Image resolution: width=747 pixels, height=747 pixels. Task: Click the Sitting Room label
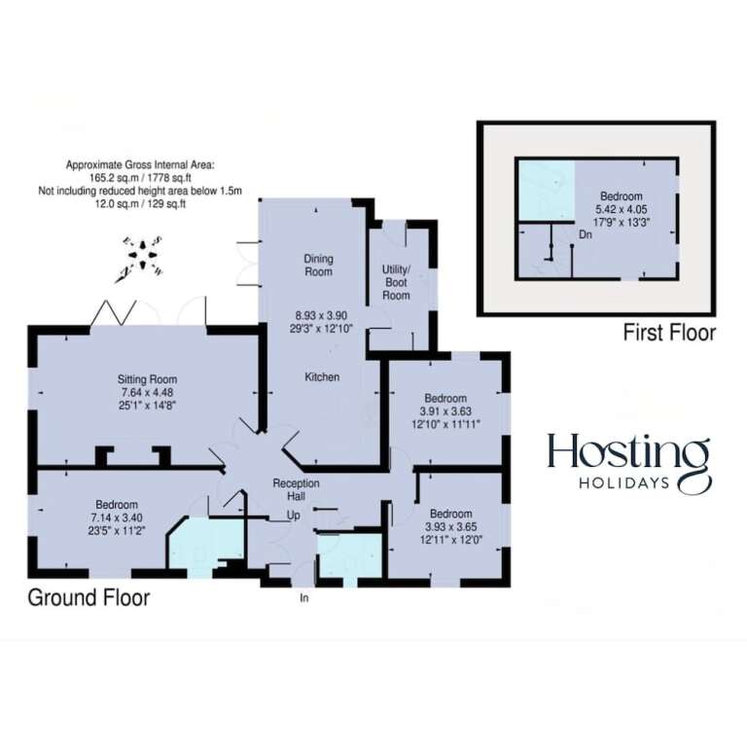(x=147, y=379)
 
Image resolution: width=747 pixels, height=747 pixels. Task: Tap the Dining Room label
(x=319, y=266)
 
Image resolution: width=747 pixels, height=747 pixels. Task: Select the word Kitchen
(x=322, y=376)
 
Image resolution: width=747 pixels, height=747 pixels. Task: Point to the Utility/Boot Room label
(x=396, y=282)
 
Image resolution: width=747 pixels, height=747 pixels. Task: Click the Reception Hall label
(x=296, y=490)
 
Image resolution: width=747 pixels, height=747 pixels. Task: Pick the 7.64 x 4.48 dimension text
(x=147, y=393)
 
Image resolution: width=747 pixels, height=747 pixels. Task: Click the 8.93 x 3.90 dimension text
(x=321, y=315)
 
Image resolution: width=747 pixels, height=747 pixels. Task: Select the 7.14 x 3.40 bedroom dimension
(x=117, y=517)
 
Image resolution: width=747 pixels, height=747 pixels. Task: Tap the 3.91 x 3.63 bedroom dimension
(x=445, y=411)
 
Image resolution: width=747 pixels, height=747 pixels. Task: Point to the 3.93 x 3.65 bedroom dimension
(x=450, y=527)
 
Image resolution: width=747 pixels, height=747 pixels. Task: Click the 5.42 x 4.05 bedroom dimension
(x=622, y=209)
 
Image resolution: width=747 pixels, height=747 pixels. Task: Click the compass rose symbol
(x=141, y=258)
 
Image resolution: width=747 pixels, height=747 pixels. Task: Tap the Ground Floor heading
(x=89, y=598)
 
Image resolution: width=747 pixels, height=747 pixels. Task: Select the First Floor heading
(x=669, y=333)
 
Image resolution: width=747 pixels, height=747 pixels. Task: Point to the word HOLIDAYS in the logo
(x=624, y=483)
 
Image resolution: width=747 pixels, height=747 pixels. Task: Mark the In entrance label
(x=303, y=597)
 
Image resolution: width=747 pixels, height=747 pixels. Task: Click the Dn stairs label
(x=586, y=234)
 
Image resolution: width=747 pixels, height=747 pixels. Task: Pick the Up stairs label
(x=294, y=516)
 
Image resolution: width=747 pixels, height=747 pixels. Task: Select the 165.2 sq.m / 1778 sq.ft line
(x=140, y=178)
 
